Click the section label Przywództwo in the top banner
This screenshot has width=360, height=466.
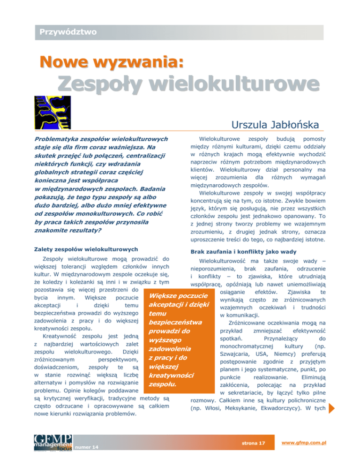click(x=68, y=32)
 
